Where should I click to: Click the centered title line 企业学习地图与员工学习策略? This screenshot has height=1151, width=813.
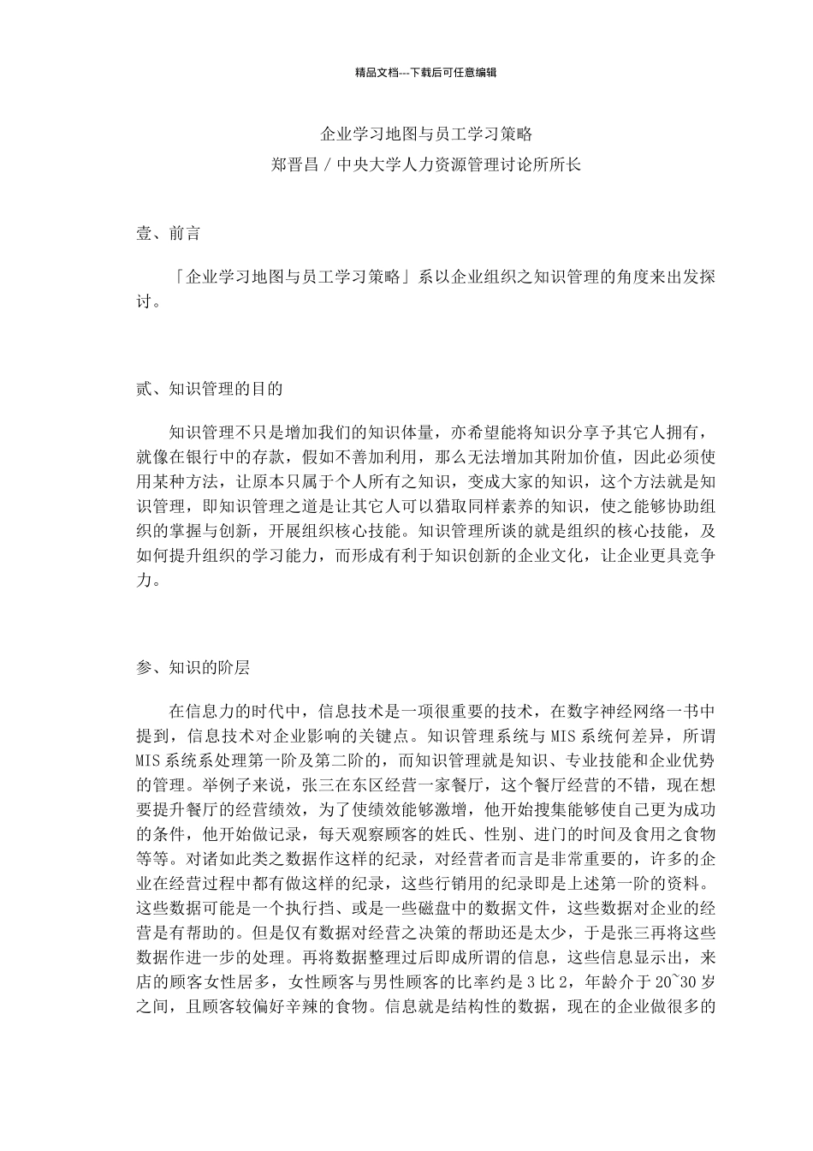[x=426, y=134]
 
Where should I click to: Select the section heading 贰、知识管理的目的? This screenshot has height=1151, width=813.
[x=209, y=388]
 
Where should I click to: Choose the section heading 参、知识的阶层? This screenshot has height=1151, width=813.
[x=193, y=668]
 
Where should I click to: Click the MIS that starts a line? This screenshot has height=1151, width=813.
[x=147, y=760]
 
